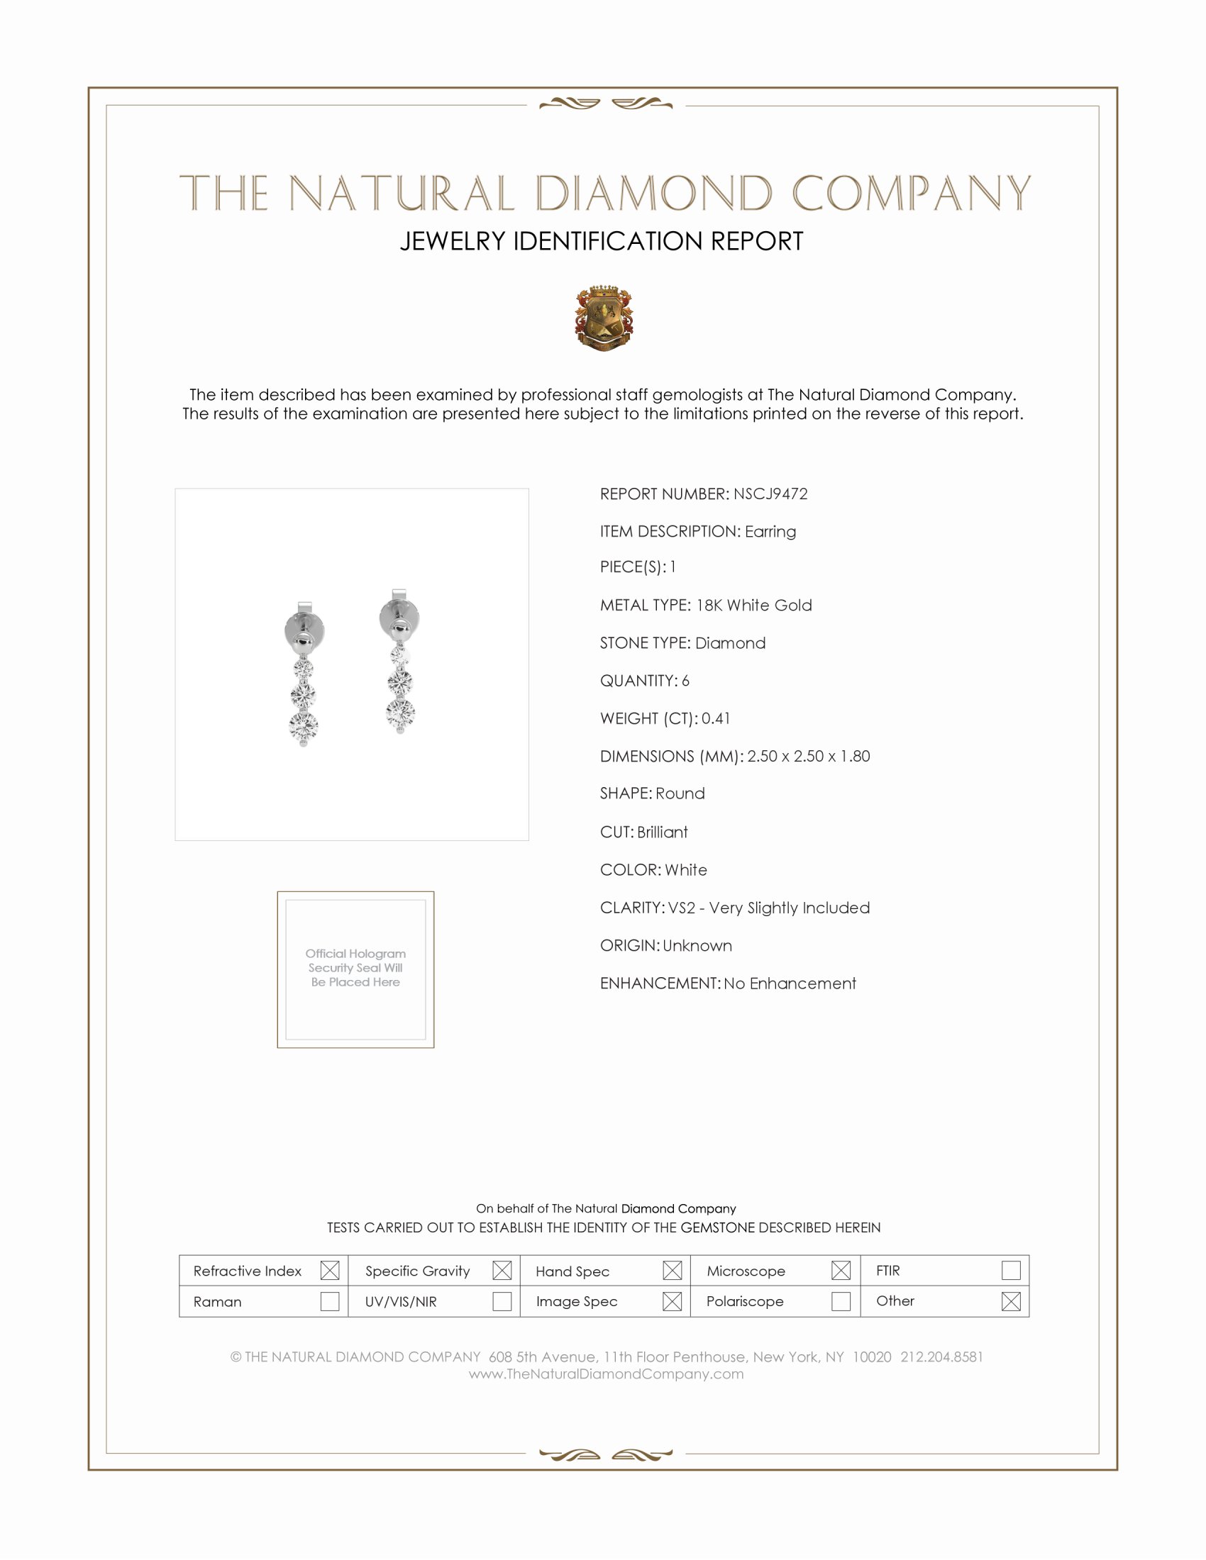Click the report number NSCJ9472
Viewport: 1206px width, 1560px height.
click(x=770, y=494)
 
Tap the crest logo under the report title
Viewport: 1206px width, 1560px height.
click(x=604, y=318)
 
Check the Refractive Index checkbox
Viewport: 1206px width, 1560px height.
click(x=329, y=1270)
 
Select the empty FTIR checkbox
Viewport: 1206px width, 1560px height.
click(x=1011, y=1270)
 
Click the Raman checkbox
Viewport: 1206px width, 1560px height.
click(x=329, y=1300)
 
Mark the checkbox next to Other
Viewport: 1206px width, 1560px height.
click(x=1011, y=1300)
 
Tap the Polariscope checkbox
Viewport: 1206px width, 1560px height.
click(x=841, y=1300)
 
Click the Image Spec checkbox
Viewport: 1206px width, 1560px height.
click(x=672, y=1300)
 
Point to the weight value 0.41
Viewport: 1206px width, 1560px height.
click(x=716, y=718)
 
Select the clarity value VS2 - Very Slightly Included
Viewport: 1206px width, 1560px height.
click(x=769, y=908)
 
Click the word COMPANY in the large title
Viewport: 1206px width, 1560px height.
click(x=911, y=194)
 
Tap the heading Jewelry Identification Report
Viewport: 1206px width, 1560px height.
click(x=602, y=241)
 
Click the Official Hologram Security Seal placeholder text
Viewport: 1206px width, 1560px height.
click(x=355, y=968)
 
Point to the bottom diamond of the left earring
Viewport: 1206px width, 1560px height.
click(x=303, y=726)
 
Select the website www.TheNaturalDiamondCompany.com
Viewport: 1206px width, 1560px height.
click(x=606, y=1374)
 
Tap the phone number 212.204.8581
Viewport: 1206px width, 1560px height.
click(x=941, y=1356)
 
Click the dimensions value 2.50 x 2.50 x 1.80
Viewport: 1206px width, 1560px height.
click(x=809, y=757)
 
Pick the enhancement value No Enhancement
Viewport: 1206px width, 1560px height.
click(x=790, y=984)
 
